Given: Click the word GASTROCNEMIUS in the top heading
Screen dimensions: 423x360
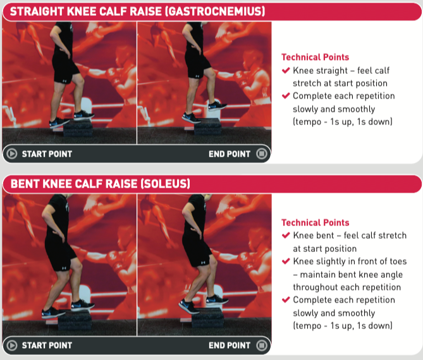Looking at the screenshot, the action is coord(215,11).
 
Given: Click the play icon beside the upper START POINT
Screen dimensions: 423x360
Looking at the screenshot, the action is coord(11,154).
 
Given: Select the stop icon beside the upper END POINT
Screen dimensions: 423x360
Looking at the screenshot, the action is coord(261,154).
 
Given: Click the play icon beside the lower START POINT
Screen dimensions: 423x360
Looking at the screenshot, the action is coord(11,345).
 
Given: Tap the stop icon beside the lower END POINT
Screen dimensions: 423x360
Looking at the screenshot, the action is coord(261,345).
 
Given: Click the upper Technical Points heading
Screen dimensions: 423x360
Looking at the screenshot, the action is coord(315,57).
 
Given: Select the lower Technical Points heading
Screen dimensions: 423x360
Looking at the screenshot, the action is coord(315,222).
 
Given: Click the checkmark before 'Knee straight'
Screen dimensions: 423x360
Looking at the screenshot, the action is coord(286,71).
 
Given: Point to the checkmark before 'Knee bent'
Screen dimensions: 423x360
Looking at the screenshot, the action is coord(286,236).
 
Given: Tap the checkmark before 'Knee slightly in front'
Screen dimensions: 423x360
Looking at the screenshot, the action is coord(286,261).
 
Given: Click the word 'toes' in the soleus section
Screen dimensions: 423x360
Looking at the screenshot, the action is coord(396,261).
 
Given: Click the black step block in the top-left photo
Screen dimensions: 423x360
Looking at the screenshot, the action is coord(78,128).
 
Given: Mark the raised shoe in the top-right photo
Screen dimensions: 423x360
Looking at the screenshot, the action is coord(217,105).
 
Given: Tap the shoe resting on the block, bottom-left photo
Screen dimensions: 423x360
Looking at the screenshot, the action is coord(83,305).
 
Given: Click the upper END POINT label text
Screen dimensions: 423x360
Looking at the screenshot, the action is coord(230,154).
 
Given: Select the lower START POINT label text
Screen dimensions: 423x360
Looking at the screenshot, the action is coord(47,345).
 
